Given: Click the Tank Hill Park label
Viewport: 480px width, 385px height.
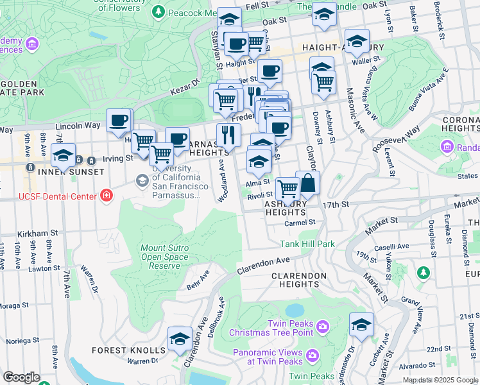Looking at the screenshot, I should tap(307, 244).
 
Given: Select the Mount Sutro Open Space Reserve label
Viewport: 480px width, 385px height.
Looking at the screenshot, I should tap(165, 257).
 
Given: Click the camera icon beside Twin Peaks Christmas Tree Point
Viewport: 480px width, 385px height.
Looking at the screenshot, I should tap(322, 327).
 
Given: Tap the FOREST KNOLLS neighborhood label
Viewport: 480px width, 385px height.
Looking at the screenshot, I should tap(128, 350).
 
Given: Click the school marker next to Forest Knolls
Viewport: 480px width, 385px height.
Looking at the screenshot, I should tap(180, 338).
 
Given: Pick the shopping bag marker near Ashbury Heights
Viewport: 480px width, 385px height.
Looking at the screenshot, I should tap(308, 183).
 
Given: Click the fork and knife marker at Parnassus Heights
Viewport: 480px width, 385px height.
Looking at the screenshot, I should tap(228, 135).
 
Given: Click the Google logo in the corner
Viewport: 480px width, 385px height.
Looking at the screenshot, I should tap(21, 378).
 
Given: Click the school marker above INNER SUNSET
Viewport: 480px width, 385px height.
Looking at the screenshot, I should tap(63, 156).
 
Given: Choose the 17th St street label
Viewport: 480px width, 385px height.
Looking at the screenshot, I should tap(336, 204).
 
